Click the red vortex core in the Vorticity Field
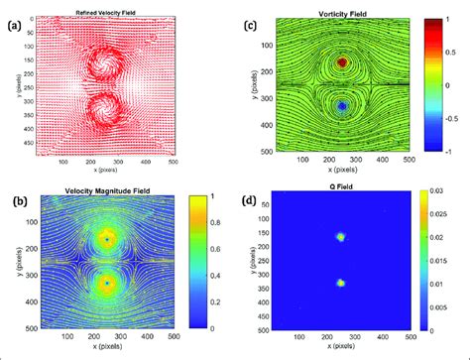click(342, 62)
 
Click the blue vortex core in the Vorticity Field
click(342, 104)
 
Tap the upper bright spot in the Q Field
click(341, 237)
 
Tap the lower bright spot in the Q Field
click(341, 283)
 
